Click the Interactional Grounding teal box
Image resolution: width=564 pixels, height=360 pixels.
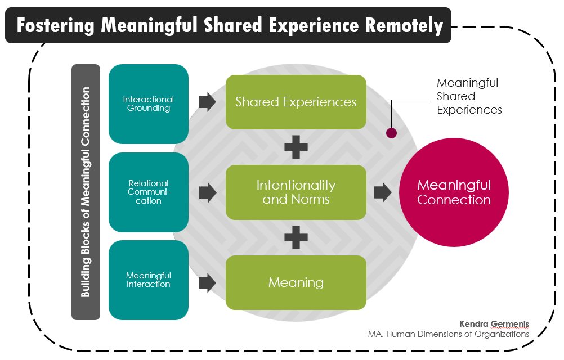(x=148, y=104)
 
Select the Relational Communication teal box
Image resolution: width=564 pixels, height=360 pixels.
(x=148, y=192)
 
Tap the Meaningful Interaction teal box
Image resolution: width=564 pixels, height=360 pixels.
(x=148, y=280)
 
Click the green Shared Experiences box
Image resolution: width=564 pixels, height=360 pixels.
(x=296, y=102)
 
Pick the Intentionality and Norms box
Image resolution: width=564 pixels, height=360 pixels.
(x=296, y=192)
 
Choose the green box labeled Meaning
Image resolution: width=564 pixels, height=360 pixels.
(x=296, y=282)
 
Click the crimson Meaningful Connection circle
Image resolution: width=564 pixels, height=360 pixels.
(x=454, y=192)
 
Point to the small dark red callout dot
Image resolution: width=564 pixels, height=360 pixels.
(x=392, y=133)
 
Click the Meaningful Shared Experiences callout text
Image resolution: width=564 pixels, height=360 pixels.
(x=468, y=96)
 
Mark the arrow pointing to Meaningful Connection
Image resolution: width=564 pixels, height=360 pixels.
(x=383, y=192)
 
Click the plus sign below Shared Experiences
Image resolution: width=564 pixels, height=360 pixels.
(x=296, y=147)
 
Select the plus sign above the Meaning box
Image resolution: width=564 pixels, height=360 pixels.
(x=296, y=237)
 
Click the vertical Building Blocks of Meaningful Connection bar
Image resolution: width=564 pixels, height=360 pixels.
(x=86, y=192)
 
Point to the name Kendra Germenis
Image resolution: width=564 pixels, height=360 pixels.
(x=494, y=323)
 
